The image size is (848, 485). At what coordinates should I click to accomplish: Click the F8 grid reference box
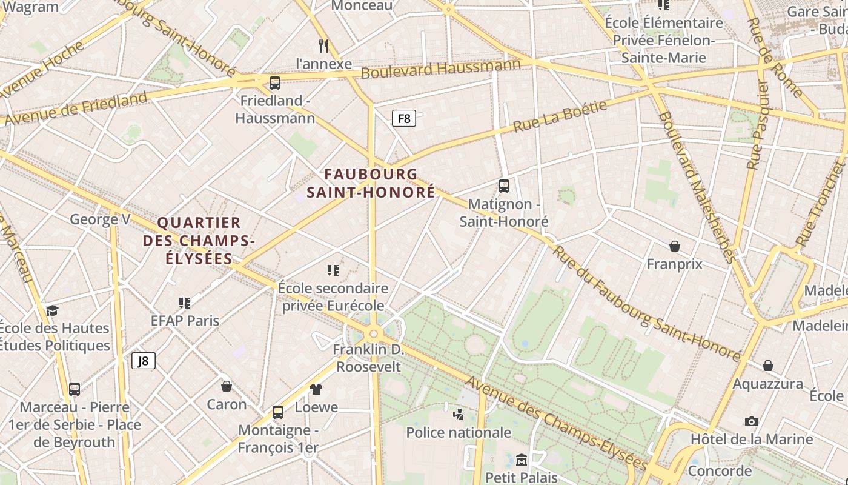pyautogui.click(x=403, y=118)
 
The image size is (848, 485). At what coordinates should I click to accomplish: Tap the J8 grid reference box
pyautogui.click(x=144, y=361)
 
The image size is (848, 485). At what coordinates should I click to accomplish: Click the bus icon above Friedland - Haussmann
pyautogui.click(x=274, y=83)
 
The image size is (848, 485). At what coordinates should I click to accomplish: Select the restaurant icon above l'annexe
pyautogui.click(x=323, y=45)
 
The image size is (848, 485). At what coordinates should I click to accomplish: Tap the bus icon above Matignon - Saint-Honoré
pyautogui.click(x=503, y=186)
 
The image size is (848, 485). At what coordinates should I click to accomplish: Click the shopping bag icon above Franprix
pyautogui.click(x=674, y=246)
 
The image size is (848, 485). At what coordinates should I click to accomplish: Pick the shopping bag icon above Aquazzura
pyautogui.click(x=767, y=366)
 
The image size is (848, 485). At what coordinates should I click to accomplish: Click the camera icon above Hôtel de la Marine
pyautogui.click(x=751, y=421)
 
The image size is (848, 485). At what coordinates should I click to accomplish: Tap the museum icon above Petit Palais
pyautogui.click(x=521, y=460)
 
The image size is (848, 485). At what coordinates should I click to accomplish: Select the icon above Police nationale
pyautogui.click(x=458, y=415)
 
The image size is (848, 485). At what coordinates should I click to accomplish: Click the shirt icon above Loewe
pyautogui.click(x=316, y=389)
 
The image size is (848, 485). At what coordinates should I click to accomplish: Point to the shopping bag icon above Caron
pyautogui.click(x=227, y=386)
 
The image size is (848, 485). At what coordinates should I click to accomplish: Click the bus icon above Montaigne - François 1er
pyautogui.click(x=277, y=412)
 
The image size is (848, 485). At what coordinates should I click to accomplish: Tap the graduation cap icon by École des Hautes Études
pyautogui.click(x=52, y=310)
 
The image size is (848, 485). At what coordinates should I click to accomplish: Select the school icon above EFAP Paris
pyautogui.click(x=185, y=303)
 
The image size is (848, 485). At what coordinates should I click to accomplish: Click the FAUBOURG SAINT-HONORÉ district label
pyautogui.click(x=371, y=183)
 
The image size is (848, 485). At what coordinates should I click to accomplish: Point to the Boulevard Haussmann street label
pyautogui.click(x=440, y=68)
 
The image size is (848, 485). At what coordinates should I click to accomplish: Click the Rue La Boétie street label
pyautogui.click(x=560, y=117)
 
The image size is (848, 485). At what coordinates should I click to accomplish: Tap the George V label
pyautogui.click(x=100, y=219)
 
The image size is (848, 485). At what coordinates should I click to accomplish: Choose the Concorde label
pyautogui.click(x=720, y=471)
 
